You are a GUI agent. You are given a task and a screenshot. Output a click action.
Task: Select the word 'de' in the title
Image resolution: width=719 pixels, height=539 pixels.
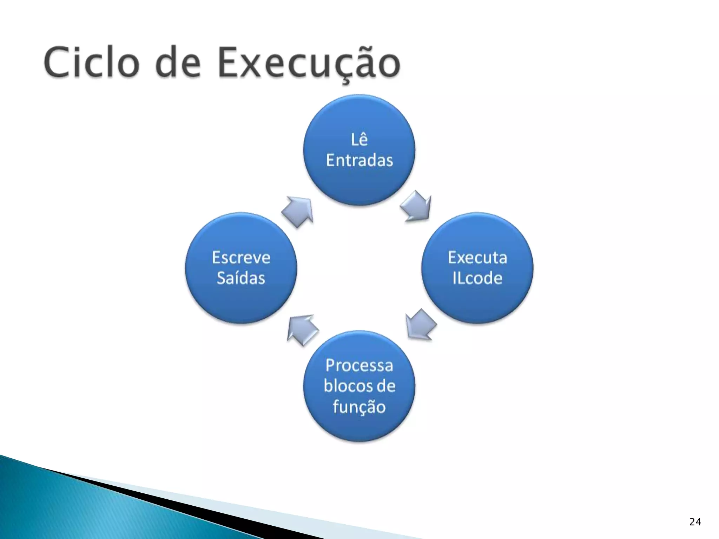tap(178, 63)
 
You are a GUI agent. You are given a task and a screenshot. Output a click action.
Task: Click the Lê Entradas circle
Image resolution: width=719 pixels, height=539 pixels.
tap(359, 179)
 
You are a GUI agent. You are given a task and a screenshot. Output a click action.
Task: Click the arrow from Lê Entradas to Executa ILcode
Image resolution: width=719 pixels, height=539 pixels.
tap(416, 207)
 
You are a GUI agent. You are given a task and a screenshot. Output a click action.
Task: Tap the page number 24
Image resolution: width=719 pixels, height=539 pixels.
tap(695, 522)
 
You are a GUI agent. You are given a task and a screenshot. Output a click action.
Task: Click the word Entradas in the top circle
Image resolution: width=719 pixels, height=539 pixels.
tap(359, 161)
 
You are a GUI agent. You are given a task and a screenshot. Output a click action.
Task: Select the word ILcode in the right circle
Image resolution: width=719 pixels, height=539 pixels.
tap(477, 278)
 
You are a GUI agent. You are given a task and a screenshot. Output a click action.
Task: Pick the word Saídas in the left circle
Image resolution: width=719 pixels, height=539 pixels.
tap(241, 278)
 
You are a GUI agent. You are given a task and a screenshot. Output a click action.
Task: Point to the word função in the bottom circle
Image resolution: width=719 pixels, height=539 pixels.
tap(359, 407)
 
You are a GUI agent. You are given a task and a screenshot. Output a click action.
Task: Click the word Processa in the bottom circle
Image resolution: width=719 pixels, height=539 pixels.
tap(359, 366)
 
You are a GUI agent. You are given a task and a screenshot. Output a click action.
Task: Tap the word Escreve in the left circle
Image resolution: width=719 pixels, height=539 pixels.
tap(241, 258)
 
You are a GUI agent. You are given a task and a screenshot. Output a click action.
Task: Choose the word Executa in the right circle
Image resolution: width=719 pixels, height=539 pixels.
tap(477, 258)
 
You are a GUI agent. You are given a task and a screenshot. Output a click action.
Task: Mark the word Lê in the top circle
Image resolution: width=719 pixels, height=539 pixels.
tap(359, 140)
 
